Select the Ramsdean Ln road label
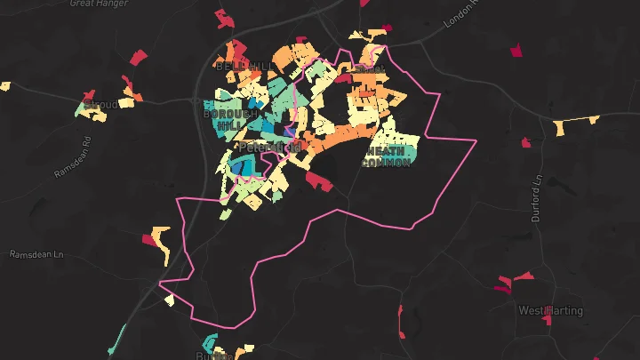[37, 254]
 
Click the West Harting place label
[550, 310]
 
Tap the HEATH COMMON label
[387, 156]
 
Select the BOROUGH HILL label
[229, 119]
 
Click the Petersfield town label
[270, 146]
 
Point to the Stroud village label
[100, 106]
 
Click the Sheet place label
[369, 68]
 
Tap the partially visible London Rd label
[462, 11]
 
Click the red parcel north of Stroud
[138, 58]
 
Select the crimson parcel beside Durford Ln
[526, 142]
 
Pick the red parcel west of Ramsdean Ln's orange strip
[148, 238]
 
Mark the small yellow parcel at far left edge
[4, 86]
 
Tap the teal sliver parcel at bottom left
[117, 338]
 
